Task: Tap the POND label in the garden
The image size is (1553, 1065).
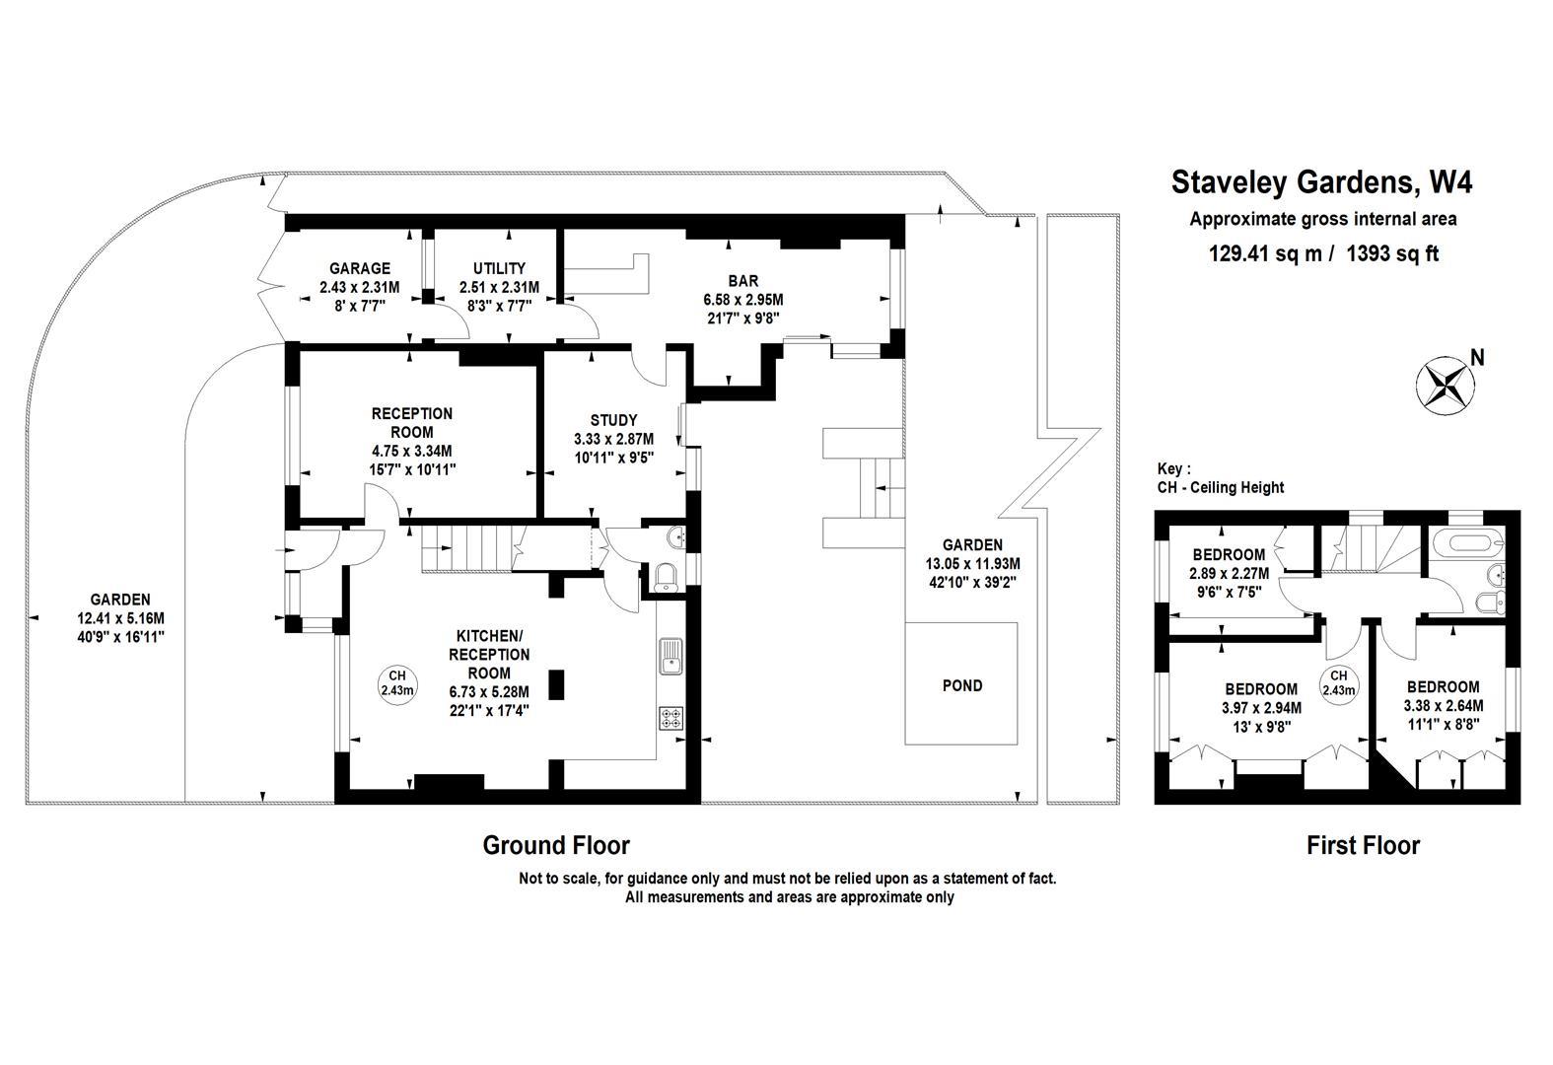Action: (961, 685)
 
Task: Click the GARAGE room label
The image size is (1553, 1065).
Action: (359, 268)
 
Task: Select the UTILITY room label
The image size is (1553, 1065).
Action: (499, 268)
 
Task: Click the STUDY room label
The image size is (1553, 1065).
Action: (613, 420)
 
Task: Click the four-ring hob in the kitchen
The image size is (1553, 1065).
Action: (671, 719)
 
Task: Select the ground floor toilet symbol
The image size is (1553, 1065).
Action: (667, 577)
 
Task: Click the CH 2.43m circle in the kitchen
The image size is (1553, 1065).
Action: (397, 682)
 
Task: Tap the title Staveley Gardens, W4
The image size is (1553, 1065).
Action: (1321, 182)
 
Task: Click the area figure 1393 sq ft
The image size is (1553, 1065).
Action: (1392, 253)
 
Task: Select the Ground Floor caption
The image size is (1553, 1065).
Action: (555, 845)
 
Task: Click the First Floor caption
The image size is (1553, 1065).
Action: (1363, 845)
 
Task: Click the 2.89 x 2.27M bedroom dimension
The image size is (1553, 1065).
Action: (1228, 573)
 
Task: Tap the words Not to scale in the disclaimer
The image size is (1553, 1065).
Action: (559, 878)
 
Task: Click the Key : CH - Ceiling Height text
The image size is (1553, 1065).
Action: (1221, 478)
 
